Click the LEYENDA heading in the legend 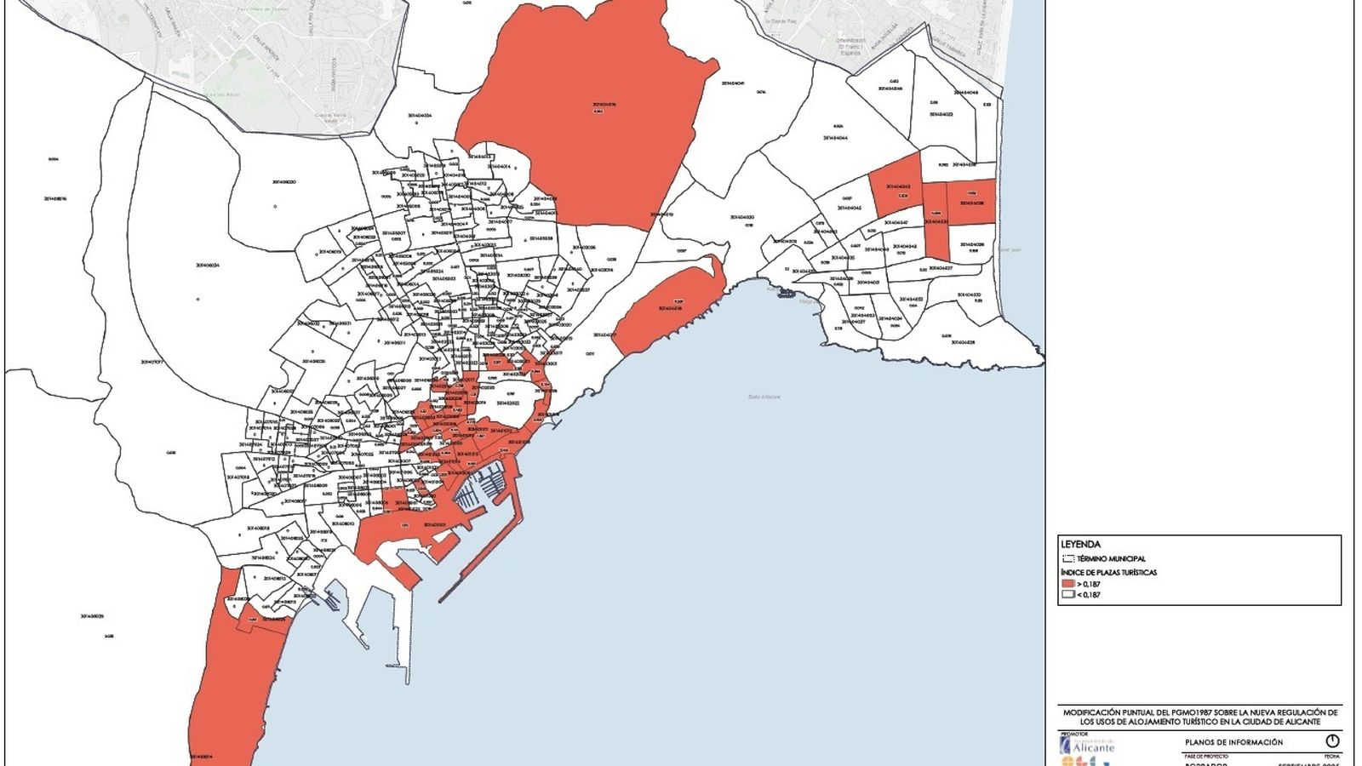click(x=1080, y=544)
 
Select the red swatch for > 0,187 click(x=1067, y=584)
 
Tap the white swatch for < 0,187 click(x=1067, y=595)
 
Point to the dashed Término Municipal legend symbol click(x=1068, y=559)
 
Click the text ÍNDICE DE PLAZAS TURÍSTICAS click(x=1108, y=572)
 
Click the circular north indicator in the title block click(x=1333, y=741)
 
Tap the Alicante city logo click(x=1088, y=746)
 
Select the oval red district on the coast click(x=668, y=311)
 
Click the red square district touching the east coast click(x=971, y=202)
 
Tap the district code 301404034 click(x=419, y=116)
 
